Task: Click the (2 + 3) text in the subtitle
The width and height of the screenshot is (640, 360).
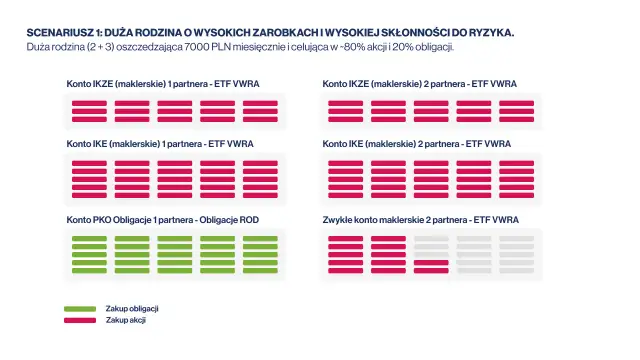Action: pos(98,47)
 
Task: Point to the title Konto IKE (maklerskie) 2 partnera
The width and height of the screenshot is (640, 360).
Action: pos(417,144)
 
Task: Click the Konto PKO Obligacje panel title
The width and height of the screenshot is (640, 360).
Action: pos(166,219)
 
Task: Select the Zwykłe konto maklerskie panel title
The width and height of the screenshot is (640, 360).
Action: pos(420,219)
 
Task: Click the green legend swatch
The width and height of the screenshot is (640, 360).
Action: pos(80,308)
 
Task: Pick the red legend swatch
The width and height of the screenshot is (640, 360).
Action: pos(80,320)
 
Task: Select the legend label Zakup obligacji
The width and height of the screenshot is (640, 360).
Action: pos(133,308)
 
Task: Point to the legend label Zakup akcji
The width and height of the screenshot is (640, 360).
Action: pos(126,320)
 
